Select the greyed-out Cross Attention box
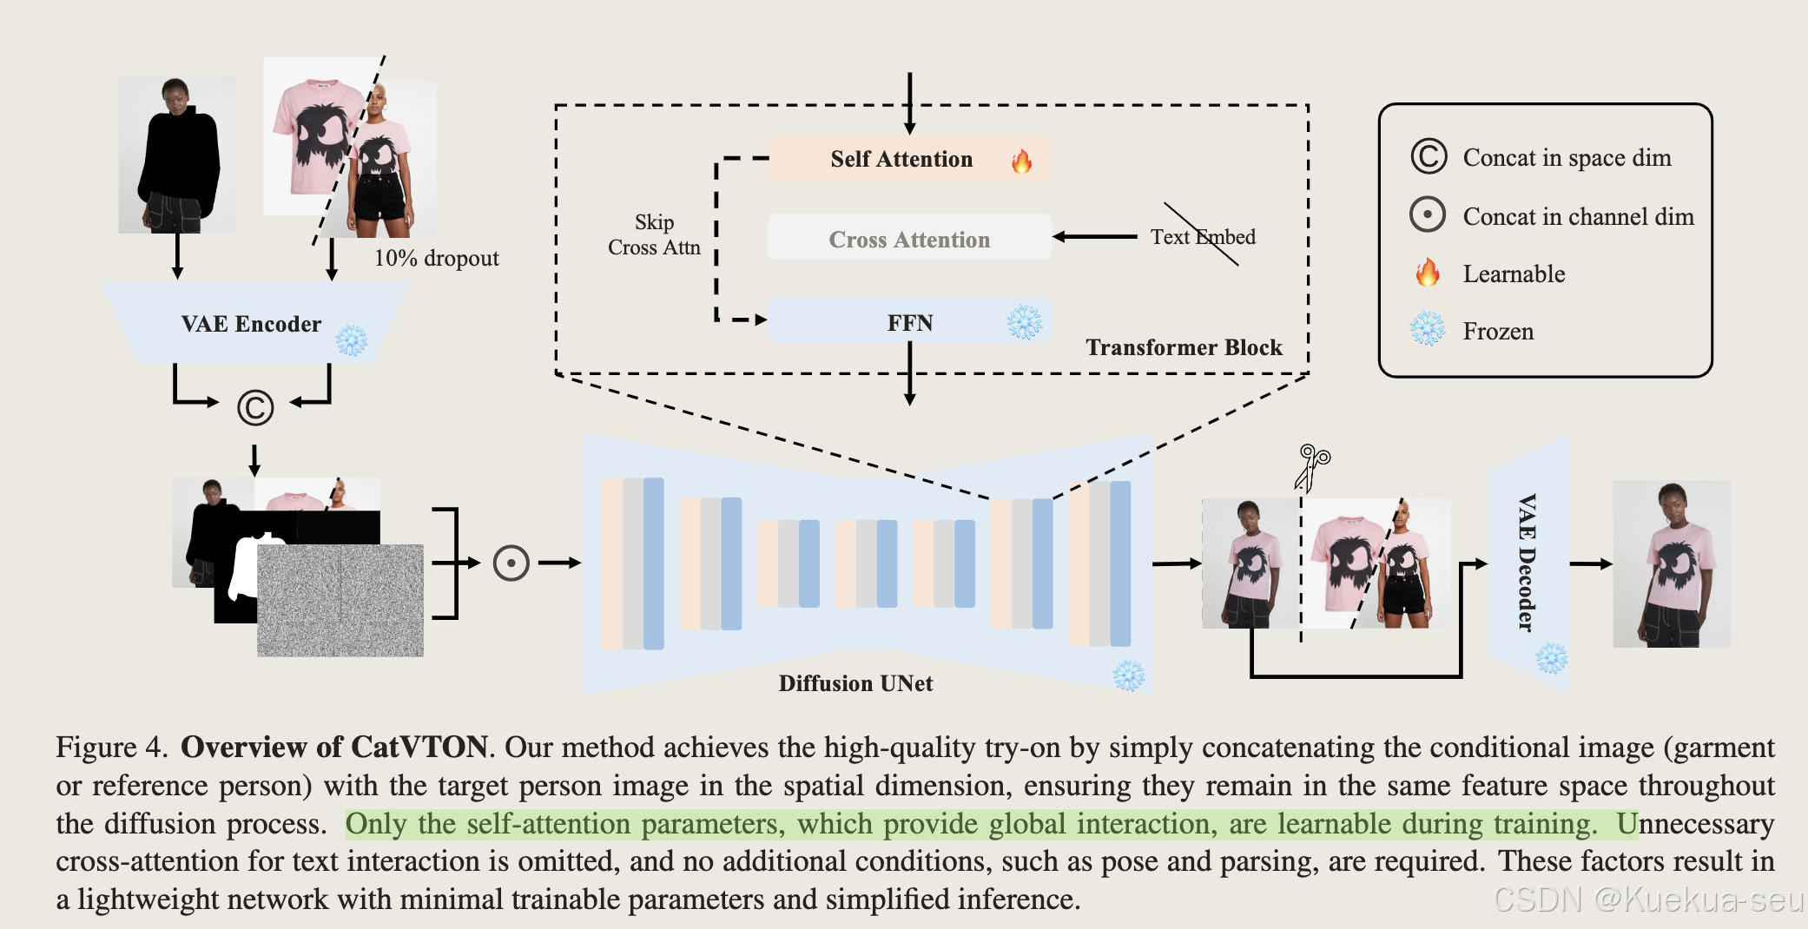coord(908,239)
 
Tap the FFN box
coord(908,322)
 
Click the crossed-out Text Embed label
coord(1203,236)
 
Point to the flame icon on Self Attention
coord(1021,161)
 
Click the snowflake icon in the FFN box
coord(1024,322)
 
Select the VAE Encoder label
coord(251,324)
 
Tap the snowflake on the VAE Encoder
coord(351,340)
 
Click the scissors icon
coord(1311,465)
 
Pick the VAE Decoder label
coord(1527,562)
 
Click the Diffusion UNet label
coord(855,683)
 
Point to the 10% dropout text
coord(436,258)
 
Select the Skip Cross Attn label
coord(654,234)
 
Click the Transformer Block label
coord(1184,347)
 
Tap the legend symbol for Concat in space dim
coord(1429,157)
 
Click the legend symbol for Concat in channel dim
coord(1428,214)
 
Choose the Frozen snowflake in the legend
coord(1427,330)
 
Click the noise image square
coord(340,600)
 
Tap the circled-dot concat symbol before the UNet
coord(511,563)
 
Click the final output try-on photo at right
coord(1671,563)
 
